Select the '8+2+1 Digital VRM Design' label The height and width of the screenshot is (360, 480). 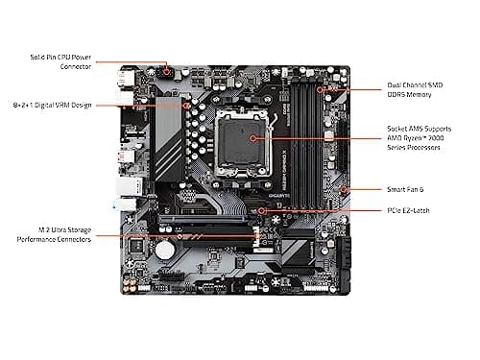click(52, 104)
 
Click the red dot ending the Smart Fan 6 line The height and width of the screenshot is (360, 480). click(343, 189)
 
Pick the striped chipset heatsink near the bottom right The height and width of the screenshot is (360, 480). click(298, 252)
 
